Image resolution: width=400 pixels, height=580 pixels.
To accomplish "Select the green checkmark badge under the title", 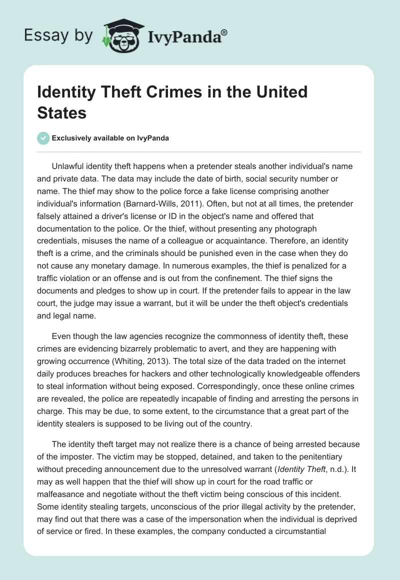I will coord(43,138).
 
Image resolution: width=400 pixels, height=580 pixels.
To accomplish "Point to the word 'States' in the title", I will coord(62,113).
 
